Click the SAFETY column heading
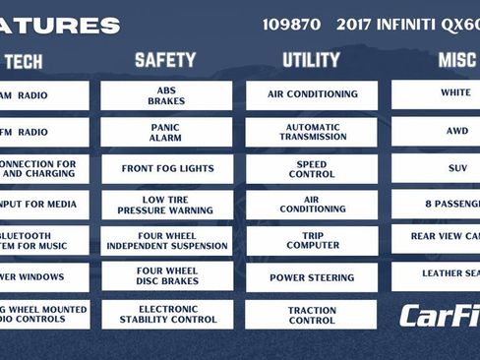(x=165, y=61)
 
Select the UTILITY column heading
(x=311, y=61)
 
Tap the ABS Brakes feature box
(x=166, y=95)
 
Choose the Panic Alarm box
(x=166, y=132)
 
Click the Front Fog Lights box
(x=166, y=168)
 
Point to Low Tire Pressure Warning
(x=166, y=205)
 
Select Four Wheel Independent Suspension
(x=166, y=241)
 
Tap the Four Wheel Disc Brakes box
(x=166, y=276)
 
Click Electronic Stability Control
(x=166, y=314)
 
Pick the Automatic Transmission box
(x=311, y=132)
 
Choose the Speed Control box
(x=311, y=168)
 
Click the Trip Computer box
(x=311, y=241)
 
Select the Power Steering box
(x=311, y=277)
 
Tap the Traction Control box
(x=311, y=314)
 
